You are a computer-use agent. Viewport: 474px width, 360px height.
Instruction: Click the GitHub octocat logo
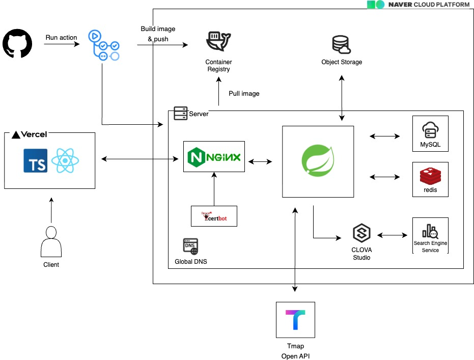pos(17,44)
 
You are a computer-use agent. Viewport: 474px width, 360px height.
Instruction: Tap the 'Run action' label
pos(62,37)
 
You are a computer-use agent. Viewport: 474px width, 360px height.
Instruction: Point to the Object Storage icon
pos(342,44)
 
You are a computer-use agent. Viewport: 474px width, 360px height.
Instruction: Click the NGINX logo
pos(214,157)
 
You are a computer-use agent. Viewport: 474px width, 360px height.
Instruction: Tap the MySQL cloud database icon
pos(430,130)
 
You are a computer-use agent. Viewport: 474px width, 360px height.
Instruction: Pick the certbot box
pos(214,216)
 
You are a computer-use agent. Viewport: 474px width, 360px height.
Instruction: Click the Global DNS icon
pos(190,246)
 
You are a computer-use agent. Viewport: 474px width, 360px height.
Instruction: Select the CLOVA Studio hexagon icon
pos(361,234)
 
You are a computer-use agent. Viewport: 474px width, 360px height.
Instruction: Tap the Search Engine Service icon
pos(430,232)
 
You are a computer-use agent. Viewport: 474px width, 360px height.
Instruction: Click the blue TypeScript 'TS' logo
pos(36,160)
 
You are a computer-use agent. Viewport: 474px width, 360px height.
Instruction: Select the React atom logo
pos(67,160)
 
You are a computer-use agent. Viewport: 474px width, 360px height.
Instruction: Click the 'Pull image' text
pos(244,94)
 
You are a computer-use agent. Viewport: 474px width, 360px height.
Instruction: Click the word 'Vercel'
pos(35,134)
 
